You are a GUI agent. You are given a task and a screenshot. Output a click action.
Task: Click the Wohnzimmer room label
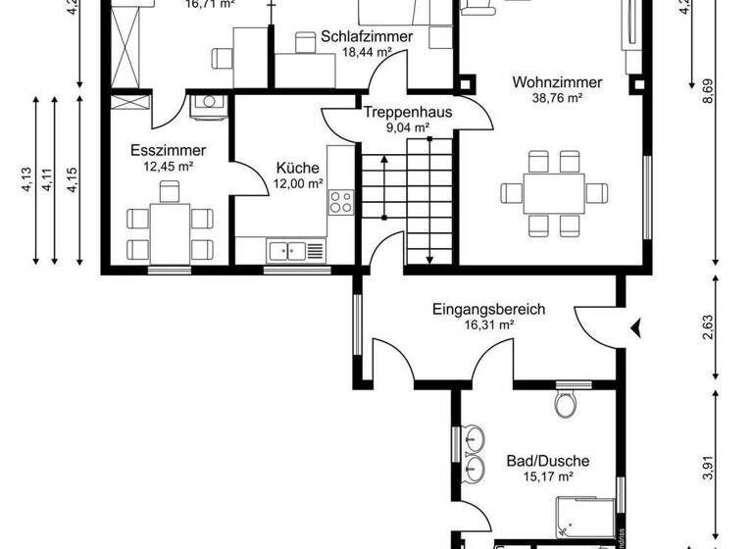556,82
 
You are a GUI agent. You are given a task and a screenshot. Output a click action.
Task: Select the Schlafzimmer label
366,37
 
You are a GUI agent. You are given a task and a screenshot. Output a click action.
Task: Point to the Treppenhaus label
408,112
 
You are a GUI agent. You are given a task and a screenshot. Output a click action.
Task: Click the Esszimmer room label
168,150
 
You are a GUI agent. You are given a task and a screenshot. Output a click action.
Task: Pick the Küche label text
297,168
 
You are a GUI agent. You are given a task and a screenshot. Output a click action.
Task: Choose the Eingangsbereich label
488,309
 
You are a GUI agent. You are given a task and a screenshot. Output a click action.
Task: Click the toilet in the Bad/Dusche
565,403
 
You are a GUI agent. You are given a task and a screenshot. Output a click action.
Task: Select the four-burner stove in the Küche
340,203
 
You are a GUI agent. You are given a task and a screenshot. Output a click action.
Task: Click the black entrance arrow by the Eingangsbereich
637,326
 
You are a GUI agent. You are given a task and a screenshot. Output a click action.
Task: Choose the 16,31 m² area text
489,325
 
